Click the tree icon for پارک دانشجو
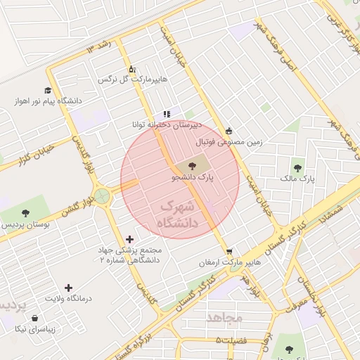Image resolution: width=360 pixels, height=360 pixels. (193, 167)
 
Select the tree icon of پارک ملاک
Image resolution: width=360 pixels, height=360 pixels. (297, 168)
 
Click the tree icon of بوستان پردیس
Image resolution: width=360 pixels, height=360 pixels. (26, 212)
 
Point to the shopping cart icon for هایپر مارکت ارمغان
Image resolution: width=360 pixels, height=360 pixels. (229, 251)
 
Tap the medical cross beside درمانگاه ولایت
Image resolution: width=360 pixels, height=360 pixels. (68, 288)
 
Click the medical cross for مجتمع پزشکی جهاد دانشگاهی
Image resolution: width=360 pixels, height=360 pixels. (129, 240)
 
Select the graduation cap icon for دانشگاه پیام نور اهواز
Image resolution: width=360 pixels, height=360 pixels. (47, 90)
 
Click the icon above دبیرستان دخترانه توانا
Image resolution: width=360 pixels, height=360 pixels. (167, 113)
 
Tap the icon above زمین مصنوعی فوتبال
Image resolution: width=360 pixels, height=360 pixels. (229, 131)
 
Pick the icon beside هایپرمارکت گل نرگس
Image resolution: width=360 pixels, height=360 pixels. (131, 69)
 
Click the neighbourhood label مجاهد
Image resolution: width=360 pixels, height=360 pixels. (224, 318)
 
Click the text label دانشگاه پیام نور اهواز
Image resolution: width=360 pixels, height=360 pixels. (47, 101)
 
